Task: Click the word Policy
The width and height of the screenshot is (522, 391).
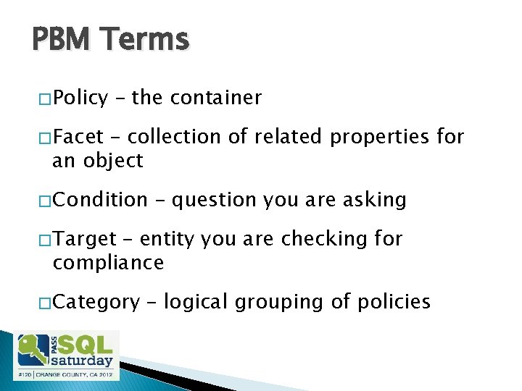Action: pyautogui.click(x=80, y=98)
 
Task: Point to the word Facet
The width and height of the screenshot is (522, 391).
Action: pyautogui.click(x=78, y=137)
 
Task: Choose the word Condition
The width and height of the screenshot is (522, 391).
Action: pyautogui.click(x=100, y=200)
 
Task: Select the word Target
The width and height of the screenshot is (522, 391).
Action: pyautogui.click(x=84, y=239)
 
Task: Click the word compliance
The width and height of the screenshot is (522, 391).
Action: pyautogui.click(x=108, y=263)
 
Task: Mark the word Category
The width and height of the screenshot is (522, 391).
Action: pyautogui.click(x=96, y=302)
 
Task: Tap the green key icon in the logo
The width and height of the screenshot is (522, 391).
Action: pyautogui.click(x=33, y=350)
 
